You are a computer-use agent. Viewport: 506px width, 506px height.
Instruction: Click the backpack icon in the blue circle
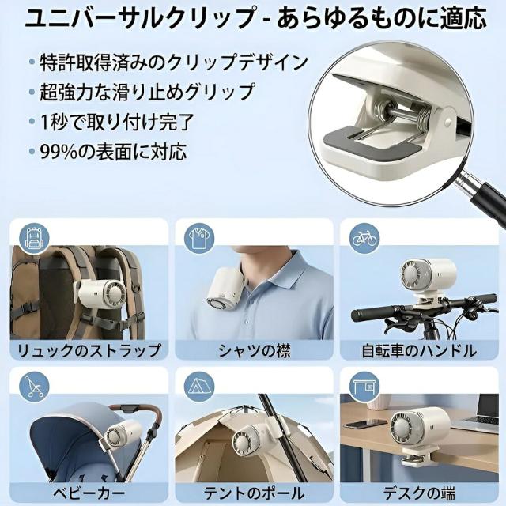point(33,238)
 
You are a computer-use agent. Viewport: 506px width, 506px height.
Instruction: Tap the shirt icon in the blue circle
point(199,238)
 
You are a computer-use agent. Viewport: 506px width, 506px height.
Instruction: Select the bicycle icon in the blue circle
point(364,238)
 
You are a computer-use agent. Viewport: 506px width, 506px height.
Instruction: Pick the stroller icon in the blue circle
point(33,387)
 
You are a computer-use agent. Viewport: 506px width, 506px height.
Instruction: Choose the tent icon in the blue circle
point(199,387)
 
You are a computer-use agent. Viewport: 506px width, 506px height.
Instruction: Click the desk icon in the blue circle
point(364,387)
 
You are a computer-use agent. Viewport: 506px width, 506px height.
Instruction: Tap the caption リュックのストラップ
point(89,350)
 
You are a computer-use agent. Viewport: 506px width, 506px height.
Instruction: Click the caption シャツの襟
point(255,350)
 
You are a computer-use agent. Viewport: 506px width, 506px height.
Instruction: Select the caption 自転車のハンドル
point(419,351)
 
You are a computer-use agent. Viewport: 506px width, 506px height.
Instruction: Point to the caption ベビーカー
point(89,493)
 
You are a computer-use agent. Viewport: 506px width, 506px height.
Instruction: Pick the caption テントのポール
point(255,493)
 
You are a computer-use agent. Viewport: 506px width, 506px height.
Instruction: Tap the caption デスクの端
point(419,493)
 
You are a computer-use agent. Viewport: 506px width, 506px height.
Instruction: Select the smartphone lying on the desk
point(365,423)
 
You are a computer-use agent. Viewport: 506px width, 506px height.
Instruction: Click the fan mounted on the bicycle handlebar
point(428,277)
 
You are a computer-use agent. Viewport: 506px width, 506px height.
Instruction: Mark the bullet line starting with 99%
point(113,152)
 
